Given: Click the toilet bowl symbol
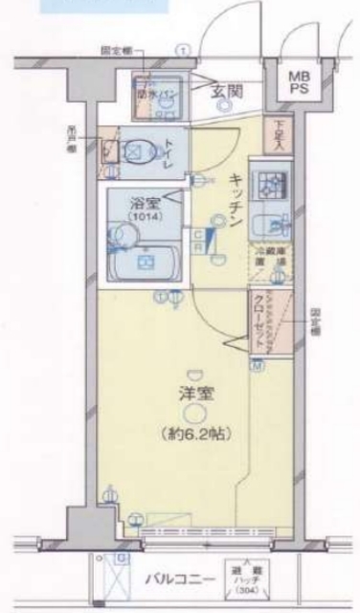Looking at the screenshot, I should tap(136, 149).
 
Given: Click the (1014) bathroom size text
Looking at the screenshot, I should tap(146, 216).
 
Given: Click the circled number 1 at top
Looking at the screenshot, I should tap(181, 50).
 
